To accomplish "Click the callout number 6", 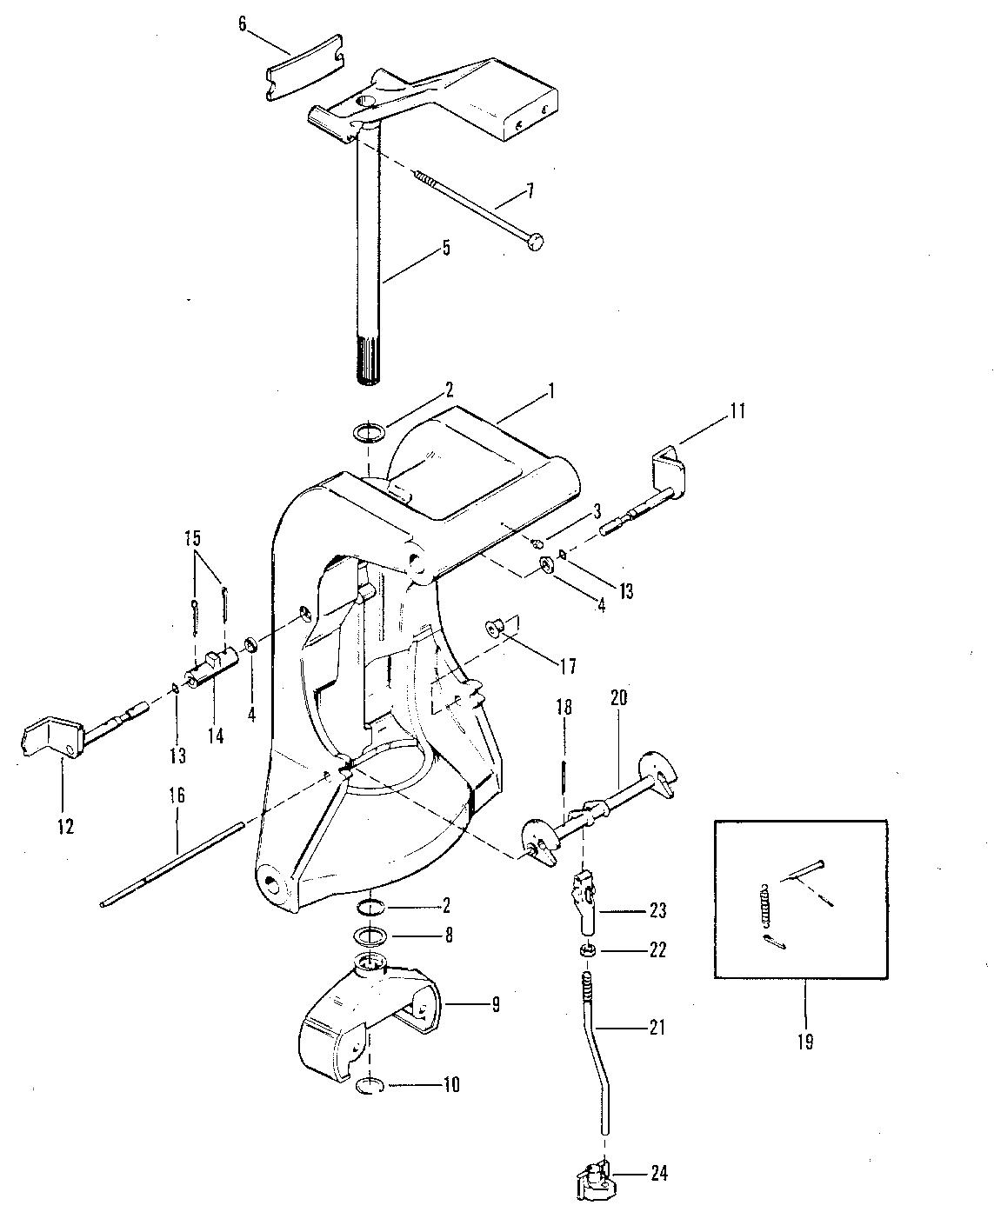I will click(242, 23).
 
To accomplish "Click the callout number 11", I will click(737, 410).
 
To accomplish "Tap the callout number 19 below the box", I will click(804, 1041).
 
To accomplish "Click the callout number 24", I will click(658, 1175).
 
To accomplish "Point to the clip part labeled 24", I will click(593, 1178).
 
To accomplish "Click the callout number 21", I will click(657, 1028).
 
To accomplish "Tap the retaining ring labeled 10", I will click(370, 1086).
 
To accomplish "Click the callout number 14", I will click(215, 736).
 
